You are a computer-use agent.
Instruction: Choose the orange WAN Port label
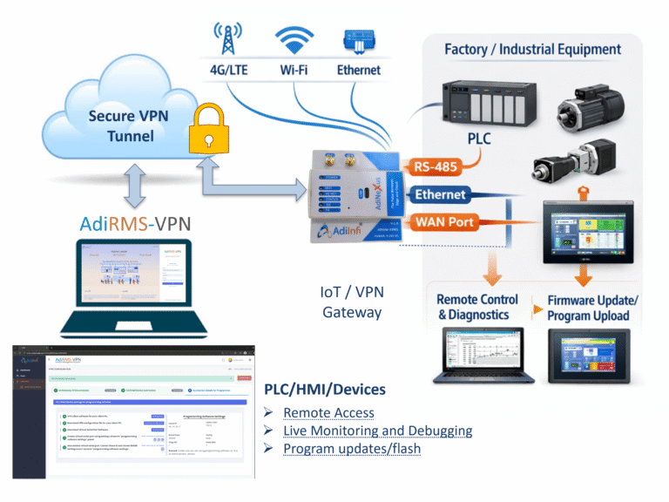point(445,222)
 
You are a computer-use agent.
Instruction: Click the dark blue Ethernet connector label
point(439,194)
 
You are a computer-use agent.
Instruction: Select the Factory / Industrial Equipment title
point(532,50)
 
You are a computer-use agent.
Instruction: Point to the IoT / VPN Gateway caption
point(352,302)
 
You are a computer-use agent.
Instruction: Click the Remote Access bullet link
point(328,412)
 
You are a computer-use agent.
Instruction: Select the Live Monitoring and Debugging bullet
point(377,431)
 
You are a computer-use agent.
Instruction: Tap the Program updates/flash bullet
point(352,449)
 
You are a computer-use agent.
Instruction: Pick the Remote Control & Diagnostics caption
point(477,307)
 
